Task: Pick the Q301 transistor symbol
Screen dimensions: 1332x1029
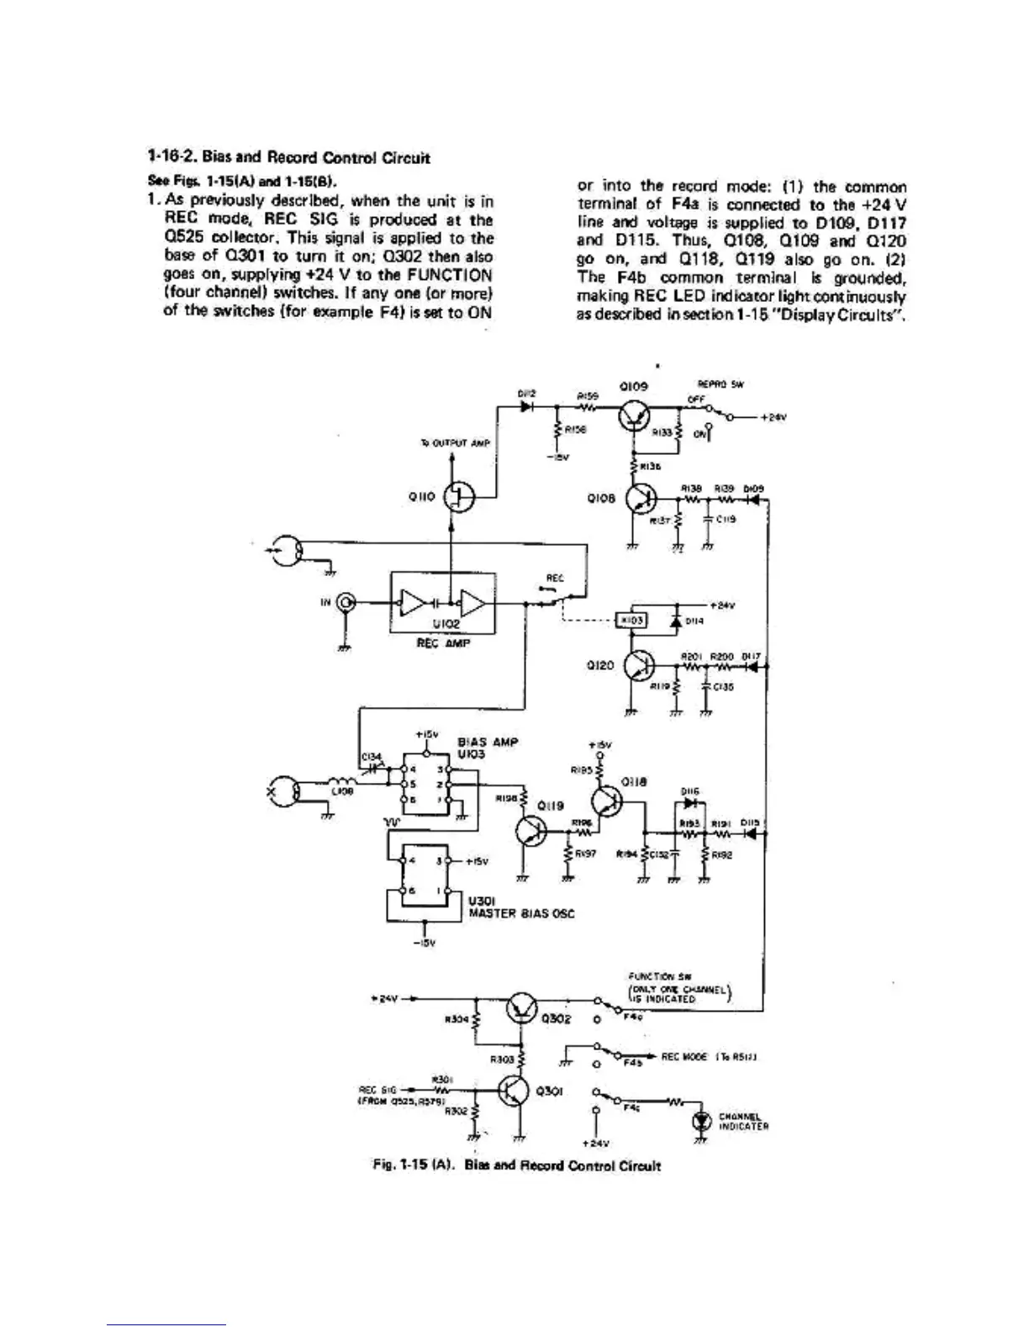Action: pos(514,1091)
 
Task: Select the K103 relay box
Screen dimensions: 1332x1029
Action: pos(631,620)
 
